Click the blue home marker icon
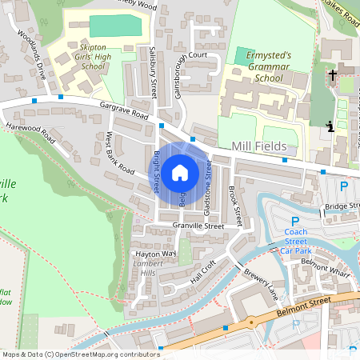click(180, 172)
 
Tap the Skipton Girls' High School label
click(77, 58)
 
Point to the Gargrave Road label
click(125, 111)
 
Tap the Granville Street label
click(198, 226)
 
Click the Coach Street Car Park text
click(295, 242)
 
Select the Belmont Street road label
click(305, 303)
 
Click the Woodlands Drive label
click(32, 52)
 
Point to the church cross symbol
click(332, 75)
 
